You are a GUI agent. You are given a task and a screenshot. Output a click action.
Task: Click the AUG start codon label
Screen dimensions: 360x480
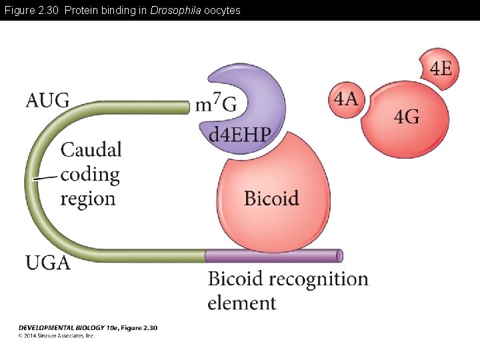47,101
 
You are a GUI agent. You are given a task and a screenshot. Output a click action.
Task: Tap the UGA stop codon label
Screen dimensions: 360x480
48,263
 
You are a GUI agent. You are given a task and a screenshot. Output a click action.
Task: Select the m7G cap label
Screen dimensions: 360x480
216,103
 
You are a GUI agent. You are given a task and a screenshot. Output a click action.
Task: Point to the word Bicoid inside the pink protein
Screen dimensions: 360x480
271,198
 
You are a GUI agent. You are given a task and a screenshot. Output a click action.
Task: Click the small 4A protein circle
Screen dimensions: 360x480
346,99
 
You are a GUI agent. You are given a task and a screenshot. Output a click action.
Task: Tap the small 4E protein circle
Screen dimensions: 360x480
440,69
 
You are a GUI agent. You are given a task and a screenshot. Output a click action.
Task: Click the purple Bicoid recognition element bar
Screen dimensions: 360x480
273,255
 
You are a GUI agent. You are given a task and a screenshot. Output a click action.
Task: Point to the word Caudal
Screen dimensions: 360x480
91,149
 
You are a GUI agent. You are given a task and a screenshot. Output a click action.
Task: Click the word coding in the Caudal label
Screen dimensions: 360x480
90,175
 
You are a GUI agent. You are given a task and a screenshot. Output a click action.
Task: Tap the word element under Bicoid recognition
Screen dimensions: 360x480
241,303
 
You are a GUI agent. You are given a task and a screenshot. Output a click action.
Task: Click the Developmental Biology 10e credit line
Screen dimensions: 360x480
87,328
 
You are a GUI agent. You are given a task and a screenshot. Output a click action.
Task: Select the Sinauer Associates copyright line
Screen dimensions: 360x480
57,336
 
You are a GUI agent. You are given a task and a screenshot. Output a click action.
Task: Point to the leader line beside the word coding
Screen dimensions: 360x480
45,178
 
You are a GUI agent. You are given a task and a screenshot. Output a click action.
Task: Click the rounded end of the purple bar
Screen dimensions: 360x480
340,255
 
